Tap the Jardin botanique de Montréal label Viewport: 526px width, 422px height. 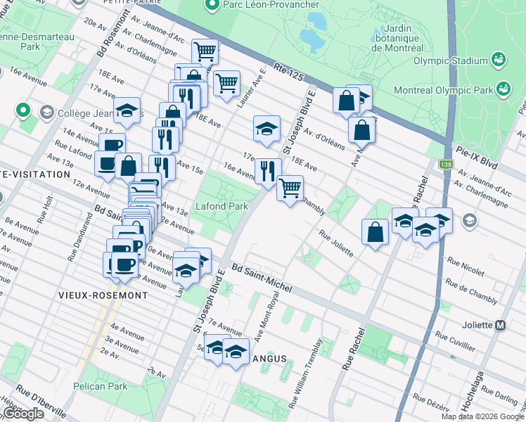coord(398,37)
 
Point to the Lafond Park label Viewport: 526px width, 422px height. coord(221,207)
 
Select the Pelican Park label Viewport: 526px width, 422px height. coord(100,386)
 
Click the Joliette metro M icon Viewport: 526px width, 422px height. coord(501,326)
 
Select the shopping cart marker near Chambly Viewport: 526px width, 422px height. coord(290,188)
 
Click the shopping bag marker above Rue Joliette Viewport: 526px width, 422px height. coord(376,231)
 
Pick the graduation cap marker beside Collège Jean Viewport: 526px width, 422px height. coord(127,110)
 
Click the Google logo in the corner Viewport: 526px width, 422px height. coord(23,414)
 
